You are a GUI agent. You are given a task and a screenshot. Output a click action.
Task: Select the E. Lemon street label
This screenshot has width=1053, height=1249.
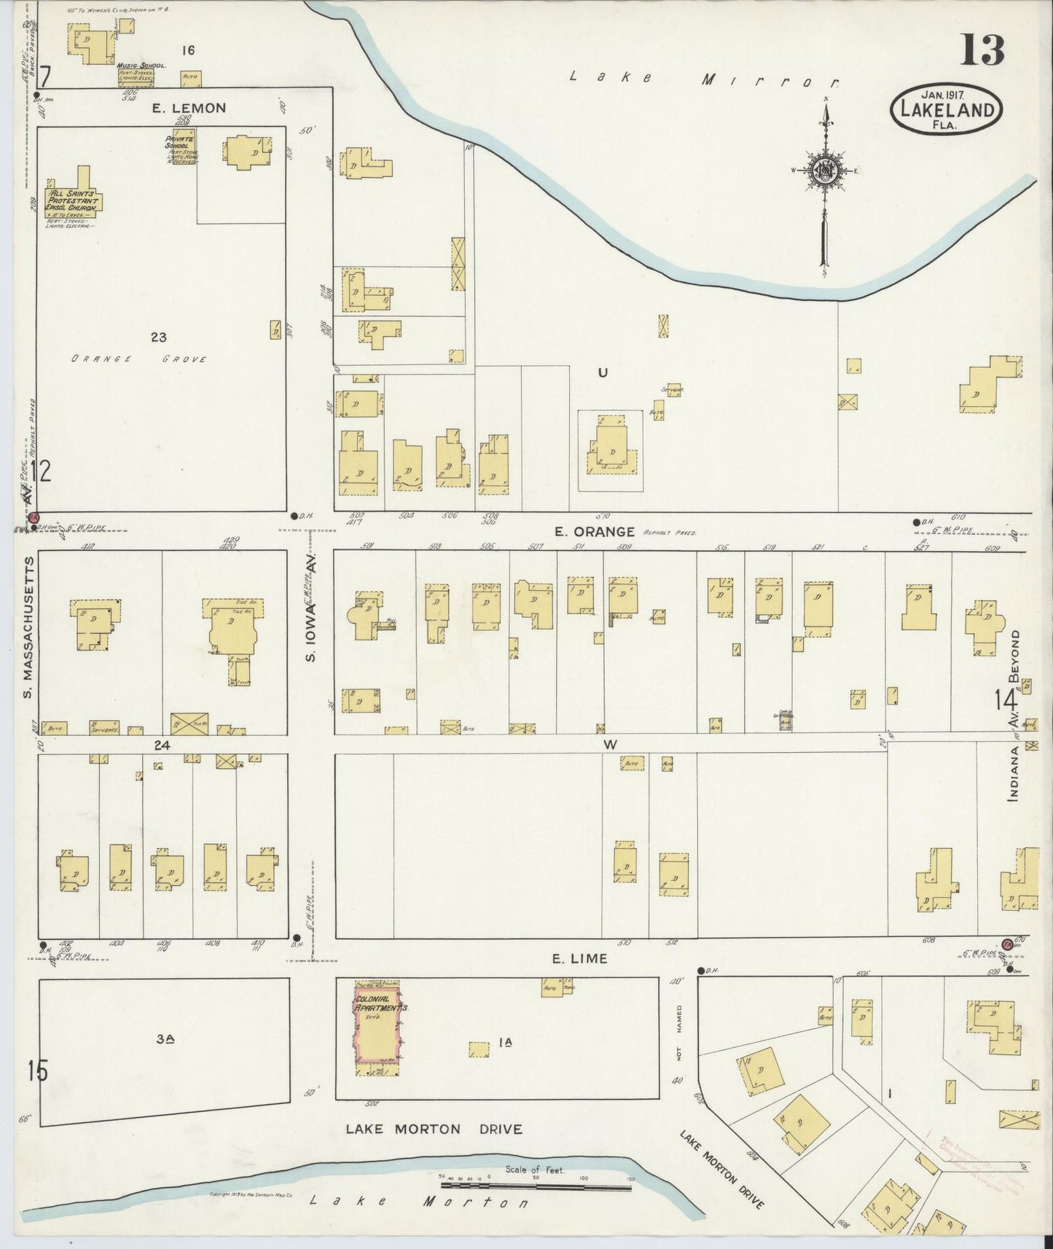189,108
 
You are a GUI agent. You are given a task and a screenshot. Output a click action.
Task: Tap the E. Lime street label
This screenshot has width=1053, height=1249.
579,958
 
